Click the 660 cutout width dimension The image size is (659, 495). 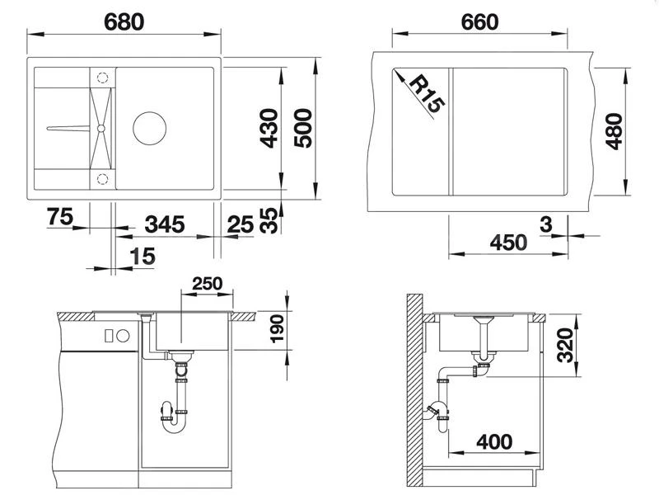pos(480,21)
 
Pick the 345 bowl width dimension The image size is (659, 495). pos(164,224)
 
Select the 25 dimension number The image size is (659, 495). pos(241,224)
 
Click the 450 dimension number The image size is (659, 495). pos(507,243)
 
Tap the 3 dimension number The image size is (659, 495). pos(546,223)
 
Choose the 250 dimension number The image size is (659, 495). pos(206,283)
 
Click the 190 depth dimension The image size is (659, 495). pos(276,329)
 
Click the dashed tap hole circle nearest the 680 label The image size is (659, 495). pos(101,77)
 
